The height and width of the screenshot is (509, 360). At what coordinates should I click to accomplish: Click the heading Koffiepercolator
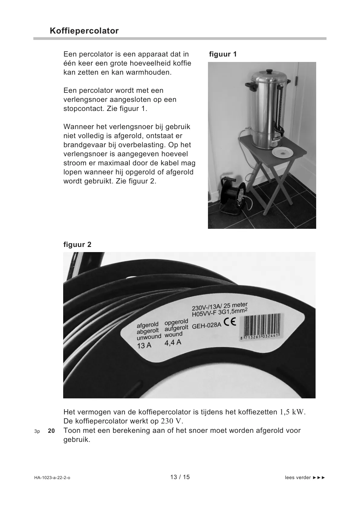[84, 31]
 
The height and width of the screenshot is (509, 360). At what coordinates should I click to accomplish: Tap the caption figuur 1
[223, 54]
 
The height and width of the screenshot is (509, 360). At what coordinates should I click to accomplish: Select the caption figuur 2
[77, 245]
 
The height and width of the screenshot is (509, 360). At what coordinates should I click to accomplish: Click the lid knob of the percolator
[269, 71]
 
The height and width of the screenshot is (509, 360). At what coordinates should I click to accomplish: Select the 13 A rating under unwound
[144, 345]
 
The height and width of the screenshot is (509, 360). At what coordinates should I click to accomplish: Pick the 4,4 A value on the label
[173, 342]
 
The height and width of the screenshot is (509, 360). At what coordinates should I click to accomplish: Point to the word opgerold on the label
[176, 322]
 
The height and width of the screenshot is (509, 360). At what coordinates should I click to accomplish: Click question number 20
[51, 431]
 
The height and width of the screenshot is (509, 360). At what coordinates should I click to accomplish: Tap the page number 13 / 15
[180, 477]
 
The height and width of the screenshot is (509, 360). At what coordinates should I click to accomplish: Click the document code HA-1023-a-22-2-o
[52, 478]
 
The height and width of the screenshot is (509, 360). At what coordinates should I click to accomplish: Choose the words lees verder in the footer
[298, 478]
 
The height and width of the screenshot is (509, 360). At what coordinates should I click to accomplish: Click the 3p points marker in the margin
[37, 431]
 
